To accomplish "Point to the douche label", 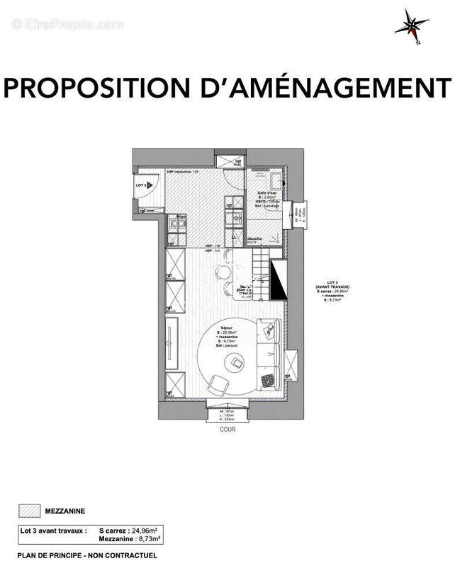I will (255, 239).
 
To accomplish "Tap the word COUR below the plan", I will (226, 429).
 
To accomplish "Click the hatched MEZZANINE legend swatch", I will (28, 509).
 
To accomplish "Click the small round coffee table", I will (233, 362).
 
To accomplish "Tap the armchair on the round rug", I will (216, 383).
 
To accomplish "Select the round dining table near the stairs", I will (224, 272).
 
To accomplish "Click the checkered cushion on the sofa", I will (268, 380).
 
